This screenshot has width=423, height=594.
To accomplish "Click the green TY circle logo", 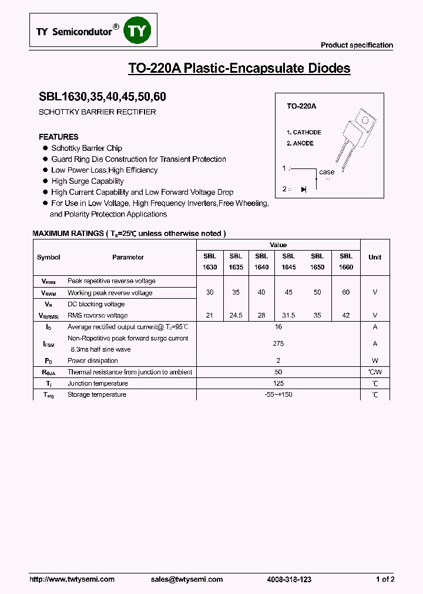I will [136, 32].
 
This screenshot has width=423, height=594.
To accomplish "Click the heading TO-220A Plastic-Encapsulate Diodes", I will [239, 68].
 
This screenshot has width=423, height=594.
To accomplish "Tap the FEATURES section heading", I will [59, 137].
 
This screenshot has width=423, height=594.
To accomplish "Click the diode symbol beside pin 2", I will [304, 189].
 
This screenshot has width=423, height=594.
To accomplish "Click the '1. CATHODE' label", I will [304, 133].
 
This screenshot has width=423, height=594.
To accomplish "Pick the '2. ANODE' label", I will [300, 143].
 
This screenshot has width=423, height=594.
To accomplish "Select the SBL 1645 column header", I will [288, 261].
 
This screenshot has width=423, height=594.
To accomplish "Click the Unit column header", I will [375, 257].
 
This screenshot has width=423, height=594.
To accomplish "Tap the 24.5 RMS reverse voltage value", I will [236, 315].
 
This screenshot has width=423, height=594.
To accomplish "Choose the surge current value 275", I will [278, 343].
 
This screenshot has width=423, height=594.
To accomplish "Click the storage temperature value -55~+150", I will [278, 394].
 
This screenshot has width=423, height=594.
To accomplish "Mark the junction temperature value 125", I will [278, 383].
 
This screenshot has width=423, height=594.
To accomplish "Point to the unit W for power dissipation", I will [375, 360].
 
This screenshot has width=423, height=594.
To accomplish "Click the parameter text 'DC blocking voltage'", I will [96, 304].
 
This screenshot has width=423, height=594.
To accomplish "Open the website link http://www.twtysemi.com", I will [72, 579].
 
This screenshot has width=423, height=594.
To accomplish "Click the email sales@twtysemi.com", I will [187, 579].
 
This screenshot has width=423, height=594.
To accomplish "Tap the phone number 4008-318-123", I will [289, 579].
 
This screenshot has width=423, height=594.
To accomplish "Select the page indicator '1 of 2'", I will [385, 579].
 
